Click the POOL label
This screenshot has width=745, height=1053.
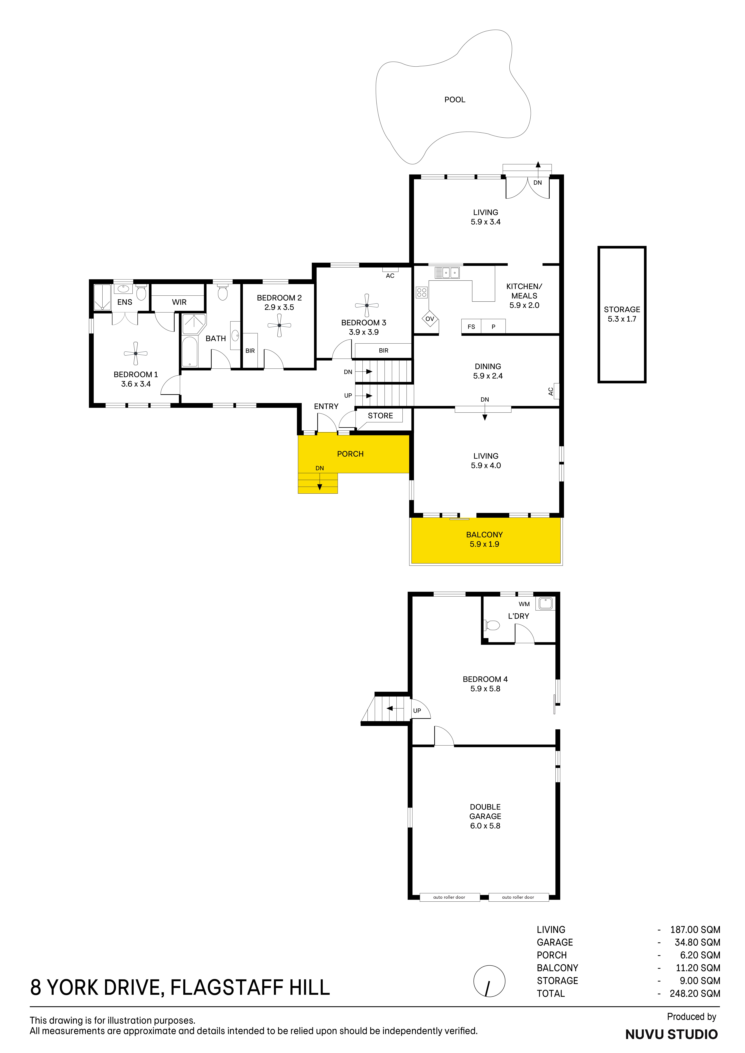point(454,99)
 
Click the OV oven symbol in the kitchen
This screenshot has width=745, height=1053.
point(430,319)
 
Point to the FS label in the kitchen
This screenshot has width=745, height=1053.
point(471,327)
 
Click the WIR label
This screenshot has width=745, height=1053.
point(179,302)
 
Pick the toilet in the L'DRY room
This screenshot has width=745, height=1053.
point(492,625)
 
